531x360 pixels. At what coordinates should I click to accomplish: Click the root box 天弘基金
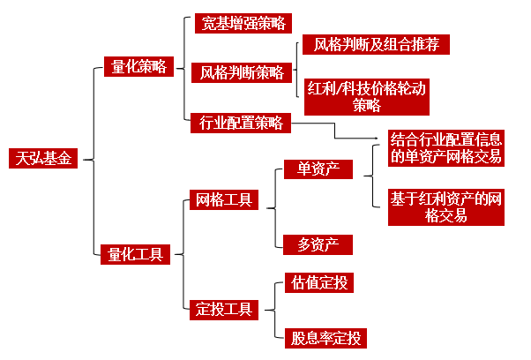[x=42, y=159]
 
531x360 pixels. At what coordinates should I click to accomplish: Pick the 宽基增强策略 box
[x=243, y=23]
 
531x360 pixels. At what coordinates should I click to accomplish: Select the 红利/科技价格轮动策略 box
[x=366, y=97]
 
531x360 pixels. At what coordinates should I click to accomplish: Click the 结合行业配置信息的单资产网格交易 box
[x=448, y=148]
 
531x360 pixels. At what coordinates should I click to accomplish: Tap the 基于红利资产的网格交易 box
[x=447, y=206]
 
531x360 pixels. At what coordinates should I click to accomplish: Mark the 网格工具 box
[x=222, y=199]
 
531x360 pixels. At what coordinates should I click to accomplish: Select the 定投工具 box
[x=222, y=309]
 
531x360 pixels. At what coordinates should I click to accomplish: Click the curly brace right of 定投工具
[x=273, y=309]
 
